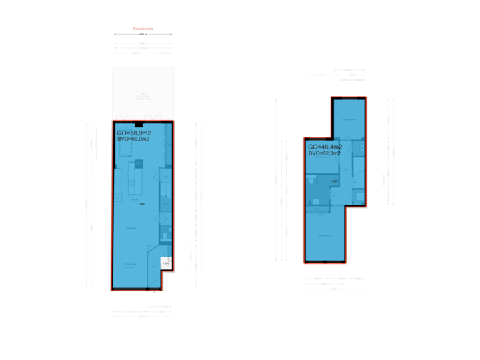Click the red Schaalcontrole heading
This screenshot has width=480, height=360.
click(143, 29)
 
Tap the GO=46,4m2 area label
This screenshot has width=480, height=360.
click(325, 146)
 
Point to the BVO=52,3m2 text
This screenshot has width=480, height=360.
click(326, 153)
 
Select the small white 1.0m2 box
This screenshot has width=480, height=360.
click(166, 263)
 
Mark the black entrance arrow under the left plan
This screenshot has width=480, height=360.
click(155, 292)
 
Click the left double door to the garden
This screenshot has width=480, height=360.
click(121, 117)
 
